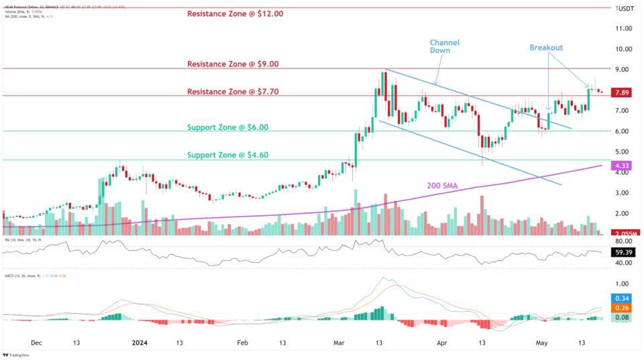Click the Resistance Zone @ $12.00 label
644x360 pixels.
click(235, 13)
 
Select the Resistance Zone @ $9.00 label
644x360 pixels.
click(231, 64)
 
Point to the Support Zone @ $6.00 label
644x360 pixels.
click(227, 127)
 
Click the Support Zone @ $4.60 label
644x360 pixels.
click(227, 154)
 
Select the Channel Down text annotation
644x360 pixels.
click(445, 46)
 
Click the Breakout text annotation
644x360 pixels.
click(546, 48)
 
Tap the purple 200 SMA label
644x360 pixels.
click(447, 185)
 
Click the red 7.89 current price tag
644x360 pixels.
click(625, 93)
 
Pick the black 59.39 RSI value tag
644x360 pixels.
click(625, 253)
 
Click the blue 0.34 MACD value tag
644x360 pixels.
click(625, 298)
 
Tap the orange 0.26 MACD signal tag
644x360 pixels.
click(625, 308)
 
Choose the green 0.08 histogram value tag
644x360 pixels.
click(625, 318)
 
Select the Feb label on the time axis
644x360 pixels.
click(243, 343)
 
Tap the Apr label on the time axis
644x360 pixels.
click(441, 343)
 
